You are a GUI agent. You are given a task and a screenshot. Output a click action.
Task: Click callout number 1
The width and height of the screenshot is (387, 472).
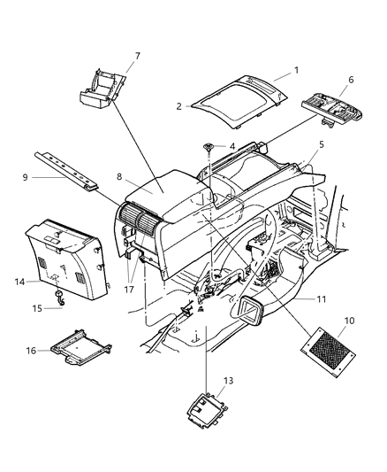click(x=296, y=69)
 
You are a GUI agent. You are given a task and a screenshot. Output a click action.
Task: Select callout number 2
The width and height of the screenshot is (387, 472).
click(x=178, y=106)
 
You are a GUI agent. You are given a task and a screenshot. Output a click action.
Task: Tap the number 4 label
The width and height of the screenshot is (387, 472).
click(x=231, y=146)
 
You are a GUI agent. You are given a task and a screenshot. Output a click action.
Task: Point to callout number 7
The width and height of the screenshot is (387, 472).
click(x=136, y=57)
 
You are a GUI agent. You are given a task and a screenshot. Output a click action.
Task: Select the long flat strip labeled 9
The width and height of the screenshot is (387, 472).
click(x=71, y=169)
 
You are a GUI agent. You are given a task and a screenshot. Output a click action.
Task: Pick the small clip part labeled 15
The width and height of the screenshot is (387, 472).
click(x=58, y=299)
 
